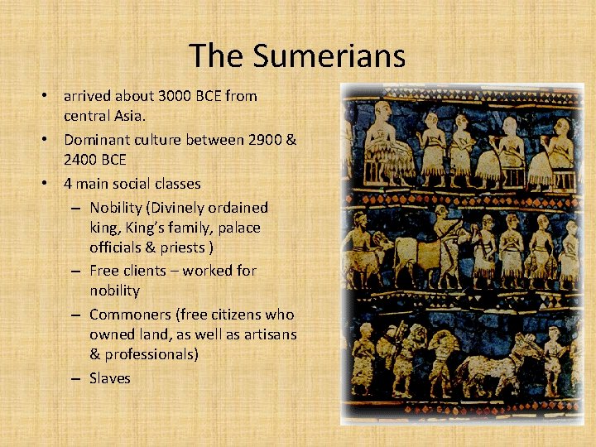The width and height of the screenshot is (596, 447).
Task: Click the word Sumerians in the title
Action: coord(329,56)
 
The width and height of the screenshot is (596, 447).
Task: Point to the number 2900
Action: coord(265,139)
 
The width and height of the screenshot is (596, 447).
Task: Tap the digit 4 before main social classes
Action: coord(68,183)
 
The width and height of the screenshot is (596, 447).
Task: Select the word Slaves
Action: coord(110,378)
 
